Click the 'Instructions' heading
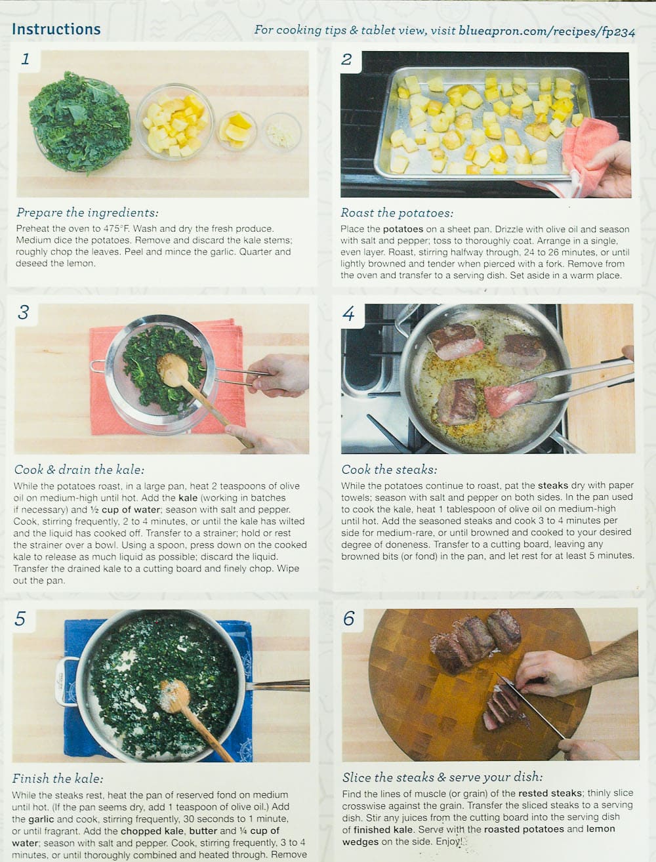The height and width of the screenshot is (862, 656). [x=56, y=29]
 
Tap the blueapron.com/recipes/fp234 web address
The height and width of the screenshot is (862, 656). [x=546, y=31]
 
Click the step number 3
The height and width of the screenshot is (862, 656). [x=24, y=313]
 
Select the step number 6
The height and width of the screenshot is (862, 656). [x=348, y=618]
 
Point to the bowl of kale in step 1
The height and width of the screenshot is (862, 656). [x=80, y=122]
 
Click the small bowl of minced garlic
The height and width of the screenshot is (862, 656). [x=281, y=132]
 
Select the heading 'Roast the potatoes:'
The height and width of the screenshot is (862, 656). [x=397, y=213]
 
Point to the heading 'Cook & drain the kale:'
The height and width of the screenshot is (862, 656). [x=79, y=469]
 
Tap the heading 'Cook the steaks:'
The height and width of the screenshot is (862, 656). [x=389, y=469]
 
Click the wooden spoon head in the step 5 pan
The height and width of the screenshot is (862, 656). [x=174, y=696]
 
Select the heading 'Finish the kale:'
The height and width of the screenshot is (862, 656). [x=57, y=778]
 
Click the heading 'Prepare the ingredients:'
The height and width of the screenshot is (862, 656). [x=87, y=213]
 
